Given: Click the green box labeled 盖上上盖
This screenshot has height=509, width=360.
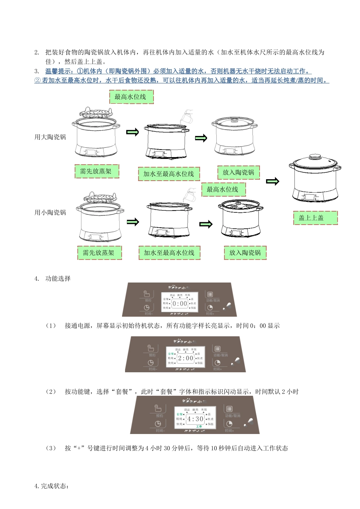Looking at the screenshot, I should pyautogui.click(x=315, y=218).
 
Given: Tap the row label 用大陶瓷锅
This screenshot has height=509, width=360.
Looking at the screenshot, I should pyautogui.click(x=50, y=137).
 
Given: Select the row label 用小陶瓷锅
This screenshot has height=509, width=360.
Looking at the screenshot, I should pyautogui.click(x=50, y=212).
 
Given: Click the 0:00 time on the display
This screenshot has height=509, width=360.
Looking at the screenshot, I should pyautogui.click(x=180, y=304).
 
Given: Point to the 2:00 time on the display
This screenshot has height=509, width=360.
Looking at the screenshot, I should pyautogui.click(x=185, y=358).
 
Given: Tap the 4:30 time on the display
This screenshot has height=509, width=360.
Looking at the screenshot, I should pyautogui.click(x=195, y=419).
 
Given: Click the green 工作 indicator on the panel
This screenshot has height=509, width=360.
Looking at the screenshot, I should pyautogui.click(x=199, y=426).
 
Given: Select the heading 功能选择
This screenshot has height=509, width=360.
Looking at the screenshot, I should pyautogui.click(x=58, y=279).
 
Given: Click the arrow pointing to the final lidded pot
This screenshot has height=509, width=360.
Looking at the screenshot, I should pyautogui.click(x=272, y=181).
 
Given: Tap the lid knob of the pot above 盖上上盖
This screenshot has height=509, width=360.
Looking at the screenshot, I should pyautogui.click(x=313, y=156).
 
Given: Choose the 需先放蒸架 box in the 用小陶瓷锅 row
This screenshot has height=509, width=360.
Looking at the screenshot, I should pyautogui.click(x=99, y=253).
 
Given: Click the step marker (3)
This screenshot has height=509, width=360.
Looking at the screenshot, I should pyautogui.click(x=51, y=448).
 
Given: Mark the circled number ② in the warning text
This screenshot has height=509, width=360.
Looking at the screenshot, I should pyautogui.click(x=38, y=80).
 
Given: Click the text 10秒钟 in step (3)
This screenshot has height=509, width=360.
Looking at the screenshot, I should pyautogui.click(x=220, y=448).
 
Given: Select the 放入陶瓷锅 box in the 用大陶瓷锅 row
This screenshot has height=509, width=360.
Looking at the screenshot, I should pyautogui.click(x=238, y=172).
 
